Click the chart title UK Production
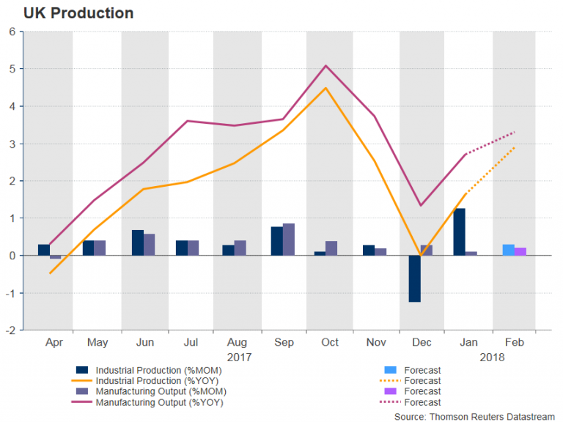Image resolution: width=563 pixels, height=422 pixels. click(68, 13)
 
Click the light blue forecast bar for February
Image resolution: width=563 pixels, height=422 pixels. click(508, 250)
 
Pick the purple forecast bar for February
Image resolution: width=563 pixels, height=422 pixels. click(520, 251)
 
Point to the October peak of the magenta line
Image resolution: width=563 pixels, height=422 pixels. click(326, 66)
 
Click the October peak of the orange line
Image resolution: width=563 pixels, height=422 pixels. click(326, 88)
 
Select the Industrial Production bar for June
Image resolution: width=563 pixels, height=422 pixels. click(138, 243)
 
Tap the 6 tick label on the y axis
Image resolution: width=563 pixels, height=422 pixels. click(12, 32)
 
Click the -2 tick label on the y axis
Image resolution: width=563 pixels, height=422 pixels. click(10, 330)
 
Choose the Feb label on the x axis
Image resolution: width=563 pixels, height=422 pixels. click(513, 343)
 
